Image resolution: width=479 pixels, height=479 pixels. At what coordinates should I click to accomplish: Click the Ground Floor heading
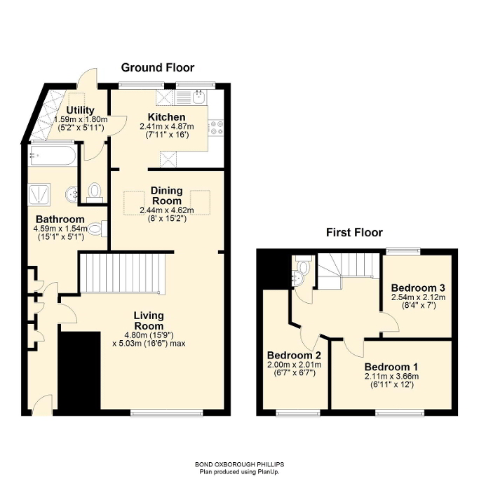point(158,67)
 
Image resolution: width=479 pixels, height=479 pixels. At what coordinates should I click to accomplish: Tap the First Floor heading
point(354,232)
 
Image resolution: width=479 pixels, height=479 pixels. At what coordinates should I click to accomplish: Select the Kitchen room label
point(166,117)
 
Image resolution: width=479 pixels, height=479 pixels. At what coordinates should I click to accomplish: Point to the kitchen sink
point(199,97)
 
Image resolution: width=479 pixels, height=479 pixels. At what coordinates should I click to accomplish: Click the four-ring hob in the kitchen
point(216,128)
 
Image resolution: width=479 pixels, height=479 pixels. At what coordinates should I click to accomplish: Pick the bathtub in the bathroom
point(52,156)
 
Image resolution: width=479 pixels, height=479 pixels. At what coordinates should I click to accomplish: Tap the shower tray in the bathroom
point(39,194)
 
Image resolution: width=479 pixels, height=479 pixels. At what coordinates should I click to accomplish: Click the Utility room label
point(81,110)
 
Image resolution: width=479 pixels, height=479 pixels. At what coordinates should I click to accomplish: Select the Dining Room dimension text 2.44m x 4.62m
point(167,210)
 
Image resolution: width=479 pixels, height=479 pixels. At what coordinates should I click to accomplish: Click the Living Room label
point(149,321)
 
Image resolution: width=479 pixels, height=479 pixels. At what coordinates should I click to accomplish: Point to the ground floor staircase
point(123,274)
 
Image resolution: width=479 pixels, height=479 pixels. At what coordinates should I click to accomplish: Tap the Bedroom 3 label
point(418,288)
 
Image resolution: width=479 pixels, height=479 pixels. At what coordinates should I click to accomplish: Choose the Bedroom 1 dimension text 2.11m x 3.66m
point(391,376)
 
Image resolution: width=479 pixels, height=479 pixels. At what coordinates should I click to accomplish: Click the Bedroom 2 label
point(294,356)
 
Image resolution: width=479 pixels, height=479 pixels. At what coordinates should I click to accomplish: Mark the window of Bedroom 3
point(403,251)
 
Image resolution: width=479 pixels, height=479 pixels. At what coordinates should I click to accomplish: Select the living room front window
point(167,412)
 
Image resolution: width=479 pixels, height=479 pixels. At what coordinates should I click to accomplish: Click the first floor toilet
point(303,264)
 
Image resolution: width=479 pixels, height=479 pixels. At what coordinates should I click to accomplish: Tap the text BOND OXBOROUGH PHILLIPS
point(240,465)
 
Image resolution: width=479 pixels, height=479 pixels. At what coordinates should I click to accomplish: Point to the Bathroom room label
point(60,220)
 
